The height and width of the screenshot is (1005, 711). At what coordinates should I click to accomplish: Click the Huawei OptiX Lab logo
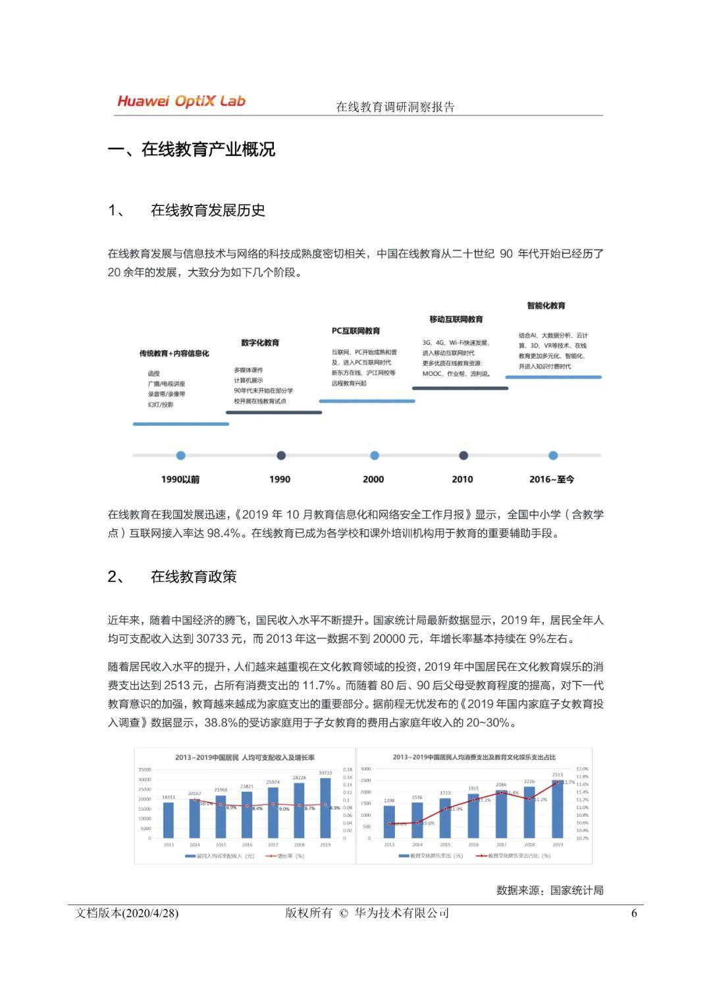click(x=181, y=101)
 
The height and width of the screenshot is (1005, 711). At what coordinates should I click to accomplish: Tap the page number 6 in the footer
click(x=634, y=914)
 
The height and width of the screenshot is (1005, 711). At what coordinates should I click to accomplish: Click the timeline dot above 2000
click(x=375, y=455)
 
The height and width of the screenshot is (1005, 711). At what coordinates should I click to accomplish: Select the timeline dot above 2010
click(x=463, y=455)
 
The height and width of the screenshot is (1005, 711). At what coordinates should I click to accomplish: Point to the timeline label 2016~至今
click(x=552, y=479)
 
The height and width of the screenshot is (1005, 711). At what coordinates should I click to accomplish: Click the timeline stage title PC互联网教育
click(x=356, y=330)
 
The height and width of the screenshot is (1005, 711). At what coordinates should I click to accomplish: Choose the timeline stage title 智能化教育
click(x=546, y=305)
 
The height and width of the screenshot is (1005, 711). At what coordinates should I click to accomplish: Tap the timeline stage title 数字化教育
click(x=260, y=342)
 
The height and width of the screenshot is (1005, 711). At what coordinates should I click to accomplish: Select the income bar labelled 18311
click(x=169, y=820)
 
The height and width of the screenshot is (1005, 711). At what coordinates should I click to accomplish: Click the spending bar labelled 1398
click(x=389, y=822)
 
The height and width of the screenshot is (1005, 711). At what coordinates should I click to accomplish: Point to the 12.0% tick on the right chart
click(x=583, y=769)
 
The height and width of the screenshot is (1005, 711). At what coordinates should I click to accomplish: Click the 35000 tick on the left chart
click(x=144, y=769)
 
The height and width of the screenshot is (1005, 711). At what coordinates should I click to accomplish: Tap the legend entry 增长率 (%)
click(x=284, y=856)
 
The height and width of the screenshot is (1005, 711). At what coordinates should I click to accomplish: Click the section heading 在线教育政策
click(x=194, y=577)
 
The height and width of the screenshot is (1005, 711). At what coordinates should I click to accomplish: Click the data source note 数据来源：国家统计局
click(x=550, y=890)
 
